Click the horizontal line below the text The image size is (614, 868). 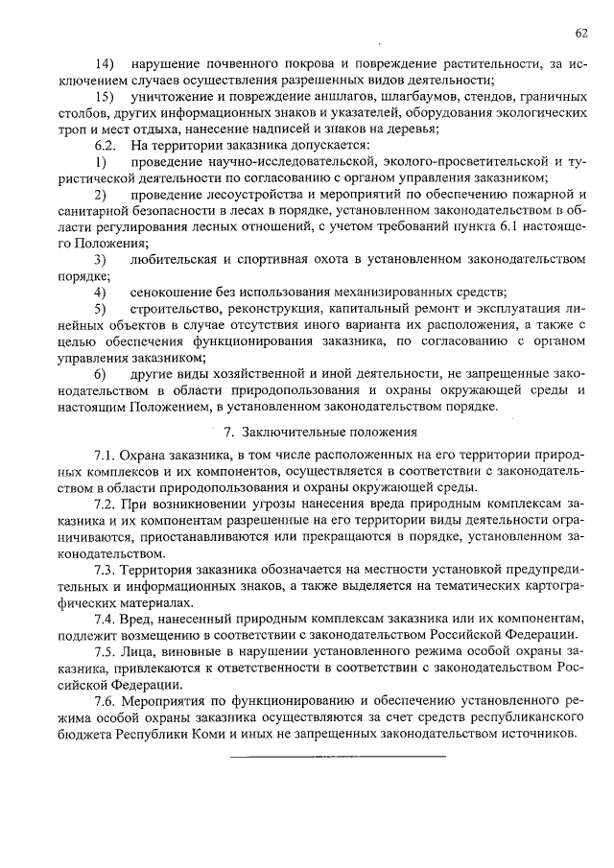point(338,757)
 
